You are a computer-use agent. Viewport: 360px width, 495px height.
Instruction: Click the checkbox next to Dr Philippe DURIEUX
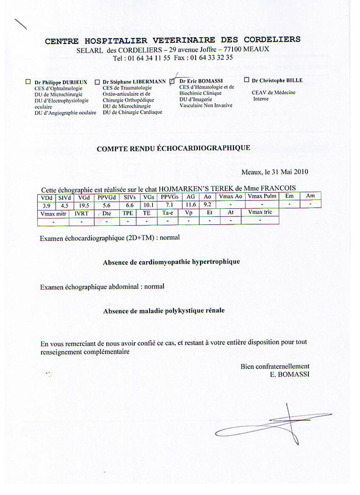click(x=28, y=82)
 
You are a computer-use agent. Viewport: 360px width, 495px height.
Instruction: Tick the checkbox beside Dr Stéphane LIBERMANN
click(x=97, y=82)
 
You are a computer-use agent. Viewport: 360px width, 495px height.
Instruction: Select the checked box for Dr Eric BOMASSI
click(x=172, y=81)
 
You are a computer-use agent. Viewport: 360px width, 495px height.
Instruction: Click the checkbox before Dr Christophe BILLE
click(x=246, y=80)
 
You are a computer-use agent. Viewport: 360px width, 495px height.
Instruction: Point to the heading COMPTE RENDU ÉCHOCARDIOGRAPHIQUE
click(x=173, y=148)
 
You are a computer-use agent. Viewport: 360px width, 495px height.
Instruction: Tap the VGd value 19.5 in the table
click(x=84, y=205)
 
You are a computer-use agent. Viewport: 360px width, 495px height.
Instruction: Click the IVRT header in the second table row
click(x=81, y=213)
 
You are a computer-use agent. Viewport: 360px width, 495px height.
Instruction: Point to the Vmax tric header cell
click(x=260, y=212)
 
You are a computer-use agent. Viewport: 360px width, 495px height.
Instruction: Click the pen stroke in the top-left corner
click(x=20, y=25)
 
